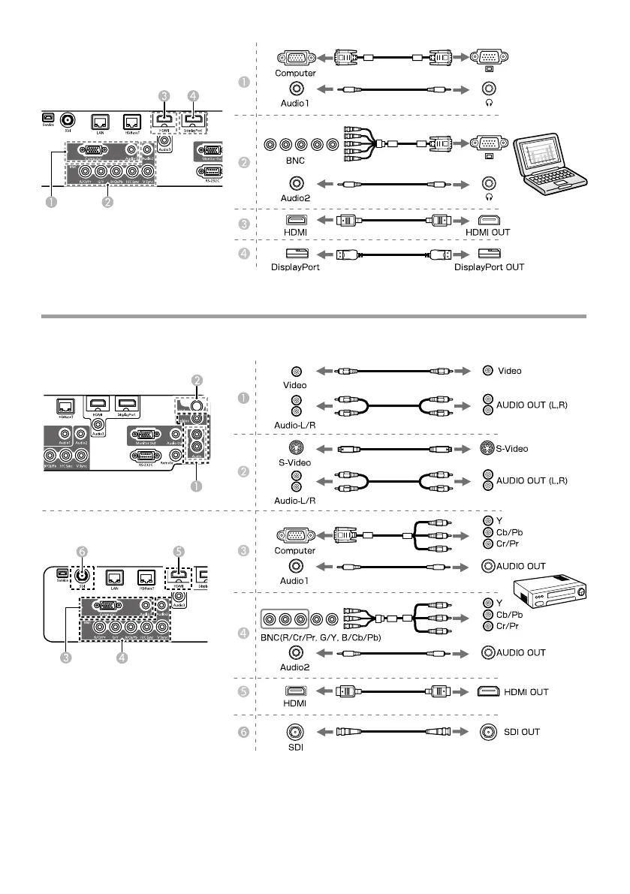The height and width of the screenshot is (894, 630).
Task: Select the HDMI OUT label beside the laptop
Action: coord(489,232)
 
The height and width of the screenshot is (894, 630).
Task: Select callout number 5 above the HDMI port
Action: coord(178,549)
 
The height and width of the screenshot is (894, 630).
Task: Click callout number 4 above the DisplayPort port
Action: coord(194,96)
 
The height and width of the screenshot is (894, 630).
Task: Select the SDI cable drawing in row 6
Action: coord(394,731)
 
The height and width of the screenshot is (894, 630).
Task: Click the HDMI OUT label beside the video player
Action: coord(526,691)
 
